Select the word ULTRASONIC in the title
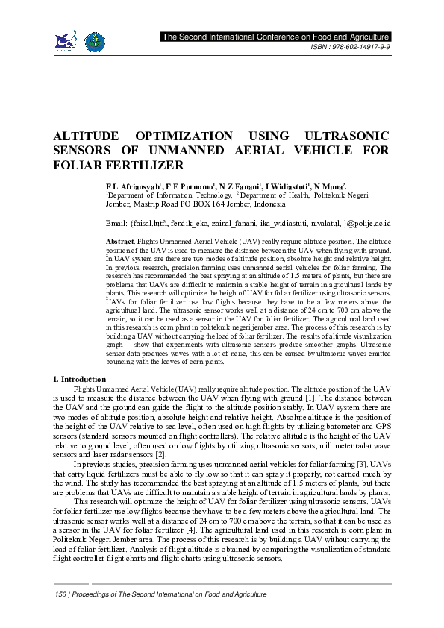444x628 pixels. click(348, 136)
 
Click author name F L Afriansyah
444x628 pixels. click(139, 184)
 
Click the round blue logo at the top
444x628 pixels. click(94, 42)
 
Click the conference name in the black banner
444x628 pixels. click(276, 37)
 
